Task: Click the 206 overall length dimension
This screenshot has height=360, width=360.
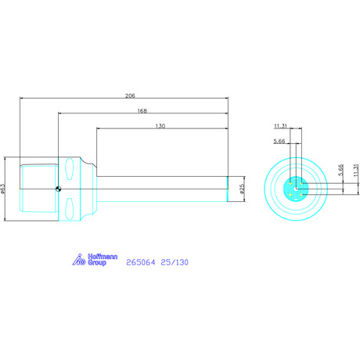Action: [x=130, y=95]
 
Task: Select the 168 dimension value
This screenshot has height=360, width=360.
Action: [x=142, y=111]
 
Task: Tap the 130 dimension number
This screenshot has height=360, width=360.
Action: [x=160, y=126]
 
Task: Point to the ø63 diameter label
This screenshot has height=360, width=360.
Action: [x=3, y=189]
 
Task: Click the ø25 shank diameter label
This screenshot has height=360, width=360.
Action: [x=242, y=189]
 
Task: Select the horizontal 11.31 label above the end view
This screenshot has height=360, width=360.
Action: [x=280, y=126]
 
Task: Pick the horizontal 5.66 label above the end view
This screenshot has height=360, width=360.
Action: [x=279, y=141]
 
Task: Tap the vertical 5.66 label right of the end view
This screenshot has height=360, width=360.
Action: [x=340, y=170]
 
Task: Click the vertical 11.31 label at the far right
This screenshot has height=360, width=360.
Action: [x=356, y=170]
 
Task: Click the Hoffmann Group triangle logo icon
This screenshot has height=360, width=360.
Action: [x=78, y=260]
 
